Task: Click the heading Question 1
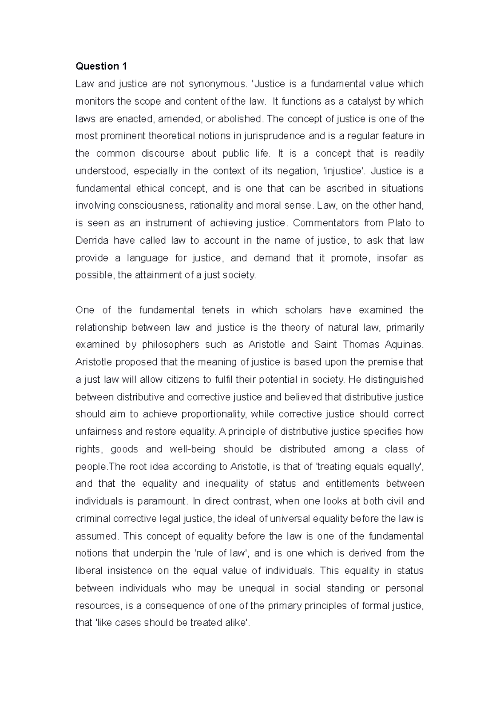(x=101, y=66)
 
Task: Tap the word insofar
(x=391, y=258)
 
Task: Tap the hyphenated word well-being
(x=192, y=449)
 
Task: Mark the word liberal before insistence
(x=88, y=571)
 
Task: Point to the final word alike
(x=236, y=623)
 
